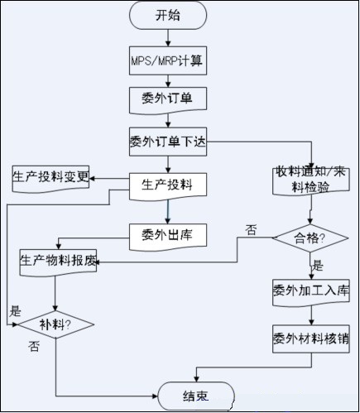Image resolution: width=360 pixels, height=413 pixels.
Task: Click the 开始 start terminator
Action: (168, 15)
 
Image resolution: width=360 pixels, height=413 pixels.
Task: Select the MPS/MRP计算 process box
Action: (168, 60)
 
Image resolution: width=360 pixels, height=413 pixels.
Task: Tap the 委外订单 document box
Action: (168, 100)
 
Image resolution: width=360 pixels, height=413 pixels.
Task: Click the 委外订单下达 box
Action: (168, 142)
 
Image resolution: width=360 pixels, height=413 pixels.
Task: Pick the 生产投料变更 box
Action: (50, 179)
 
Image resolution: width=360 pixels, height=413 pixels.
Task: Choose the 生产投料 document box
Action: (168, 186)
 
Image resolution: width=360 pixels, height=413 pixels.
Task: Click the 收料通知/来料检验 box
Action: (311, 181)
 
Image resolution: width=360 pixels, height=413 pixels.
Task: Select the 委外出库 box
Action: (168, 237)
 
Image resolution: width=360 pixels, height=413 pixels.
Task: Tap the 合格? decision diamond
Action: (310, 238)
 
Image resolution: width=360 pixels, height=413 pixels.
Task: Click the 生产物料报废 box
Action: (58, 262)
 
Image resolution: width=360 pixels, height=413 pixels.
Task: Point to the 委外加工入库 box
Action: (311, 292)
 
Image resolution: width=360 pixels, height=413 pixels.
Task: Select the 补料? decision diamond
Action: (56, 324)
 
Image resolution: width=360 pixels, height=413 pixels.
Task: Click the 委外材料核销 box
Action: (311, 339)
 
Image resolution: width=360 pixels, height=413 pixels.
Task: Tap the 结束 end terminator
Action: (196, 396)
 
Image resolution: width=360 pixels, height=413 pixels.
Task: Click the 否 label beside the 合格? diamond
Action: (251, 230)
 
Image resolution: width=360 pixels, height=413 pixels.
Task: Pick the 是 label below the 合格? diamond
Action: (318, 266)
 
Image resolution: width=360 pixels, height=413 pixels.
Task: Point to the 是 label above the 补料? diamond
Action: (15, 311)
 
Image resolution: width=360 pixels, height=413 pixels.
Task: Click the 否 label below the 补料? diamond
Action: (34, 346)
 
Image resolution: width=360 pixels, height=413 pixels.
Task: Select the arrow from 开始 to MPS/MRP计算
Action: (168, 38)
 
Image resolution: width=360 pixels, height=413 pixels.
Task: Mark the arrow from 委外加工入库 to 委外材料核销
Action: (311, 315)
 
